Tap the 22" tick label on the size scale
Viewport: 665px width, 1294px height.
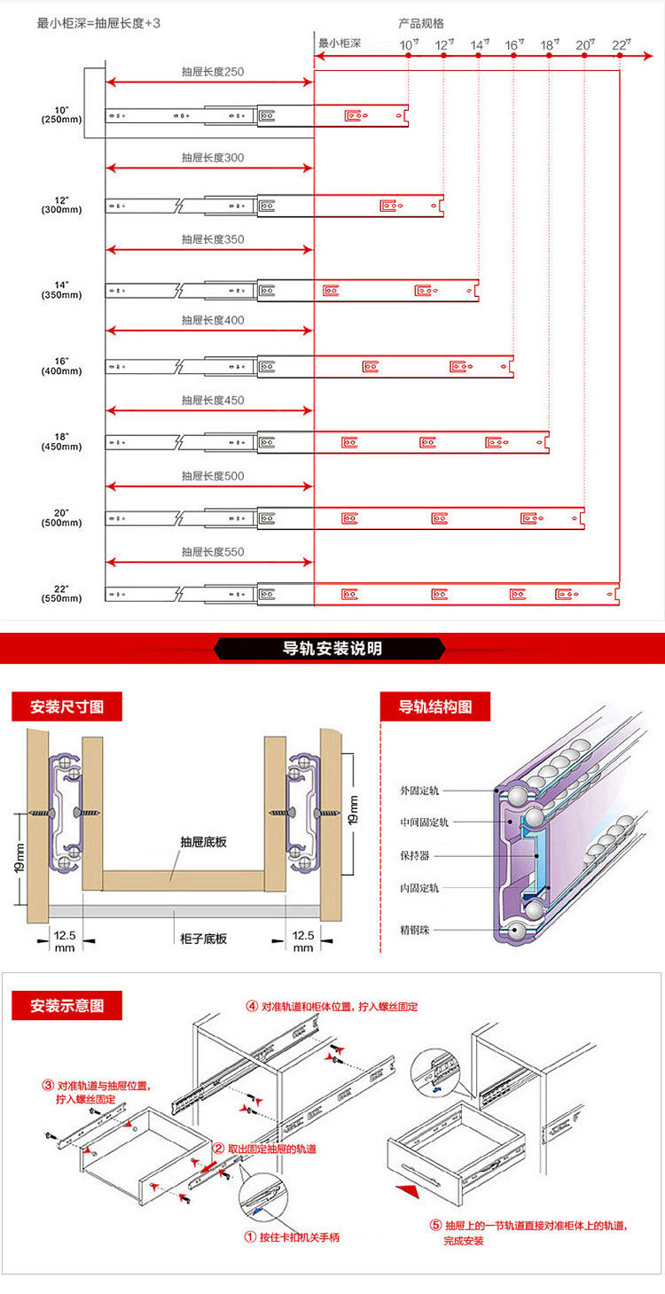pos(621,43)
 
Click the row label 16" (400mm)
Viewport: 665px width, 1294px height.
pos(61,366)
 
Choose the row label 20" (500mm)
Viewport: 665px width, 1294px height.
pos(61,518)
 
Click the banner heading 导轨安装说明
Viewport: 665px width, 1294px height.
pos(332,649)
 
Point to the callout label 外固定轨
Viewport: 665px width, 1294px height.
pos(425,789)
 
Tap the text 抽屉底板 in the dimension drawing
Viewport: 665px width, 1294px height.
pos(203,842)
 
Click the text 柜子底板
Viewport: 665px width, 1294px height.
pos(203,939)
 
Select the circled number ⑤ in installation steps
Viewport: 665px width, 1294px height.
pos(435,1226)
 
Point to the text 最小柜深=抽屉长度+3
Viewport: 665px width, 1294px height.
pos(98,23)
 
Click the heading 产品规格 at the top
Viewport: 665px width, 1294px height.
pos(422,23)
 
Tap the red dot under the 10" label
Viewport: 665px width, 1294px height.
pos(408,56)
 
